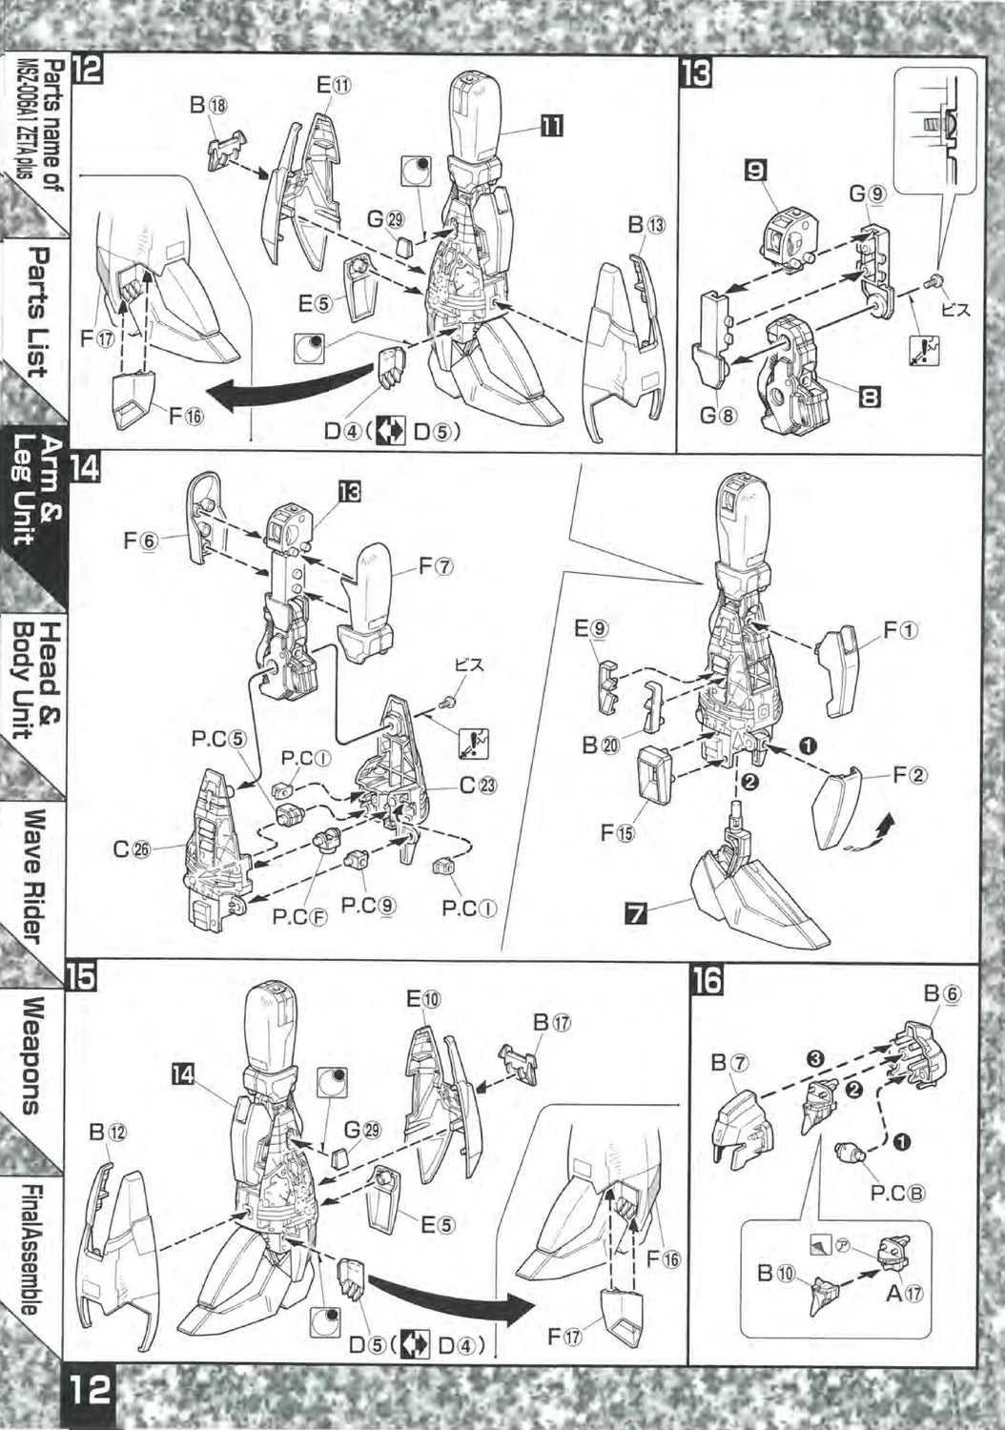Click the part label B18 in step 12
(x=208, y=106)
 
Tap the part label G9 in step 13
(x=867, y=194)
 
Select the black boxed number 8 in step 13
(x=869, y=394)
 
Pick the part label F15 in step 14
(x=617, y=832)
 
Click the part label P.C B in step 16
(x=897, y=1193)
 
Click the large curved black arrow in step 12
(x=286, y=387)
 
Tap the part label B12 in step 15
(x=108, y=1133)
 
